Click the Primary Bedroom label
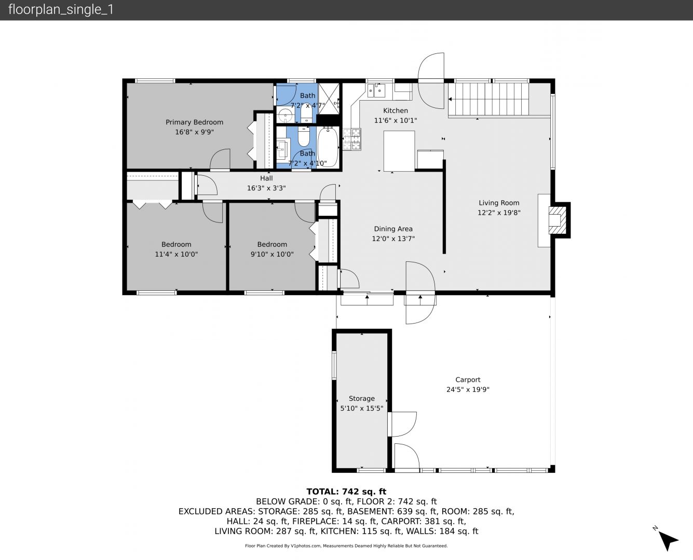point(194,122)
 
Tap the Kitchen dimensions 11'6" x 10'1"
point(396,120)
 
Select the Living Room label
point(499,203)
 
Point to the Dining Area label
point(393,229)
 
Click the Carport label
point(468,380)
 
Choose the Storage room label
point(361,398)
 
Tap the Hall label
point(266,178)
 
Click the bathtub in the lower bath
point(328,148)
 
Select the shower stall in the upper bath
point(329,99)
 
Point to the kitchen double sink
point(376,90)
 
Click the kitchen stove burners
point(352,139)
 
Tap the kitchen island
point(399,151)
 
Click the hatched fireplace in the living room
point(558,220)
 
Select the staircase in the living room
point(488,99)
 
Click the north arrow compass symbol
point(668,540)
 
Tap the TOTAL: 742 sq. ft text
point(346,492)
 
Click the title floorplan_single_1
point(61,9)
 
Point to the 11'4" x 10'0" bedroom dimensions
point(176,254)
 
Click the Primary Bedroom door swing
point(220,159)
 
